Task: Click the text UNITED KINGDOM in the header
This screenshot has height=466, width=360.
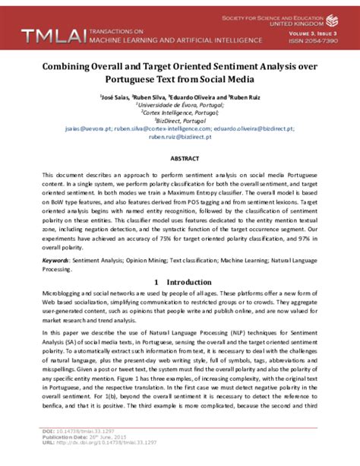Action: tap(315, 23)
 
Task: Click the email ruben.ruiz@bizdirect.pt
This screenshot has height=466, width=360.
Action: tap(179, 138)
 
